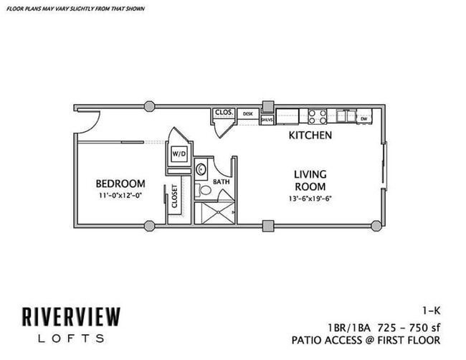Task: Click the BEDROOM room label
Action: (x=121, y=184)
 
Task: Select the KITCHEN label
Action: (x=310, y=135)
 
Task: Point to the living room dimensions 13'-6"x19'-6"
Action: (x=310, y=198)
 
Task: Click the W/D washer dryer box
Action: (x=177, y=153)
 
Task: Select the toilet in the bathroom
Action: (x=203, y=191)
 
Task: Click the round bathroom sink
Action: (x=201, y=169)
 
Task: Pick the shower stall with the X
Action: (x=216, y=213)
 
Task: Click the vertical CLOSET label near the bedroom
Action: (x=174, y=196)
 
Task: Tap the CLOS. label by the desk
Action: (x=223, y=113)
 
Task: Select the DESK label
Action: (x=248, y=113)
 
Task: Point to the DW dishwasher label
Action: (x=364, y=118)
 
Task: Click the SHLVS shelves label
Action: (x=267, y=120)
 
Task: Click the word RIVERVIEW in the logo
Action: (x=70, y=316)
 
